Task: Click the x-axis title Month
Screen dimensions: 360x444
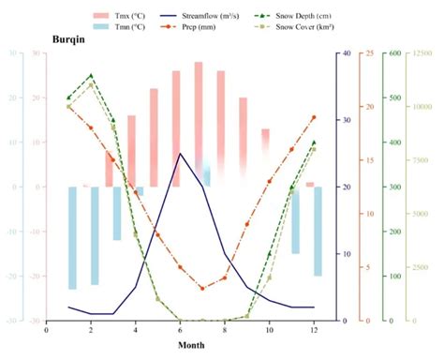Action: pos(192,345)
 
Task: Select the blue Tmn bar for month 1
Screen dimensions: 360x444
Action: pos(73,238)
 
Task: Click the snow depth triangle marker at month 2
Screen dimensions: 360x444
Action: pos(91,76)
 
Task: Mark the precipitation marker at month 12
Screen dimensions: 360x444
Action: pos(314,117)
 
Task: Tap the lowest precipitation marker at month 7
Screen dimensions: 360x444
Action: pos(202,289)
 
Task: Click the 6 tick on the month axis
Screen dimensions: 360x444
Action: pos(180,329)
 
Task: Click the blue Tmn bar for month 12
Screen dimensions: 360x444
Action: pos(318,231)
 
